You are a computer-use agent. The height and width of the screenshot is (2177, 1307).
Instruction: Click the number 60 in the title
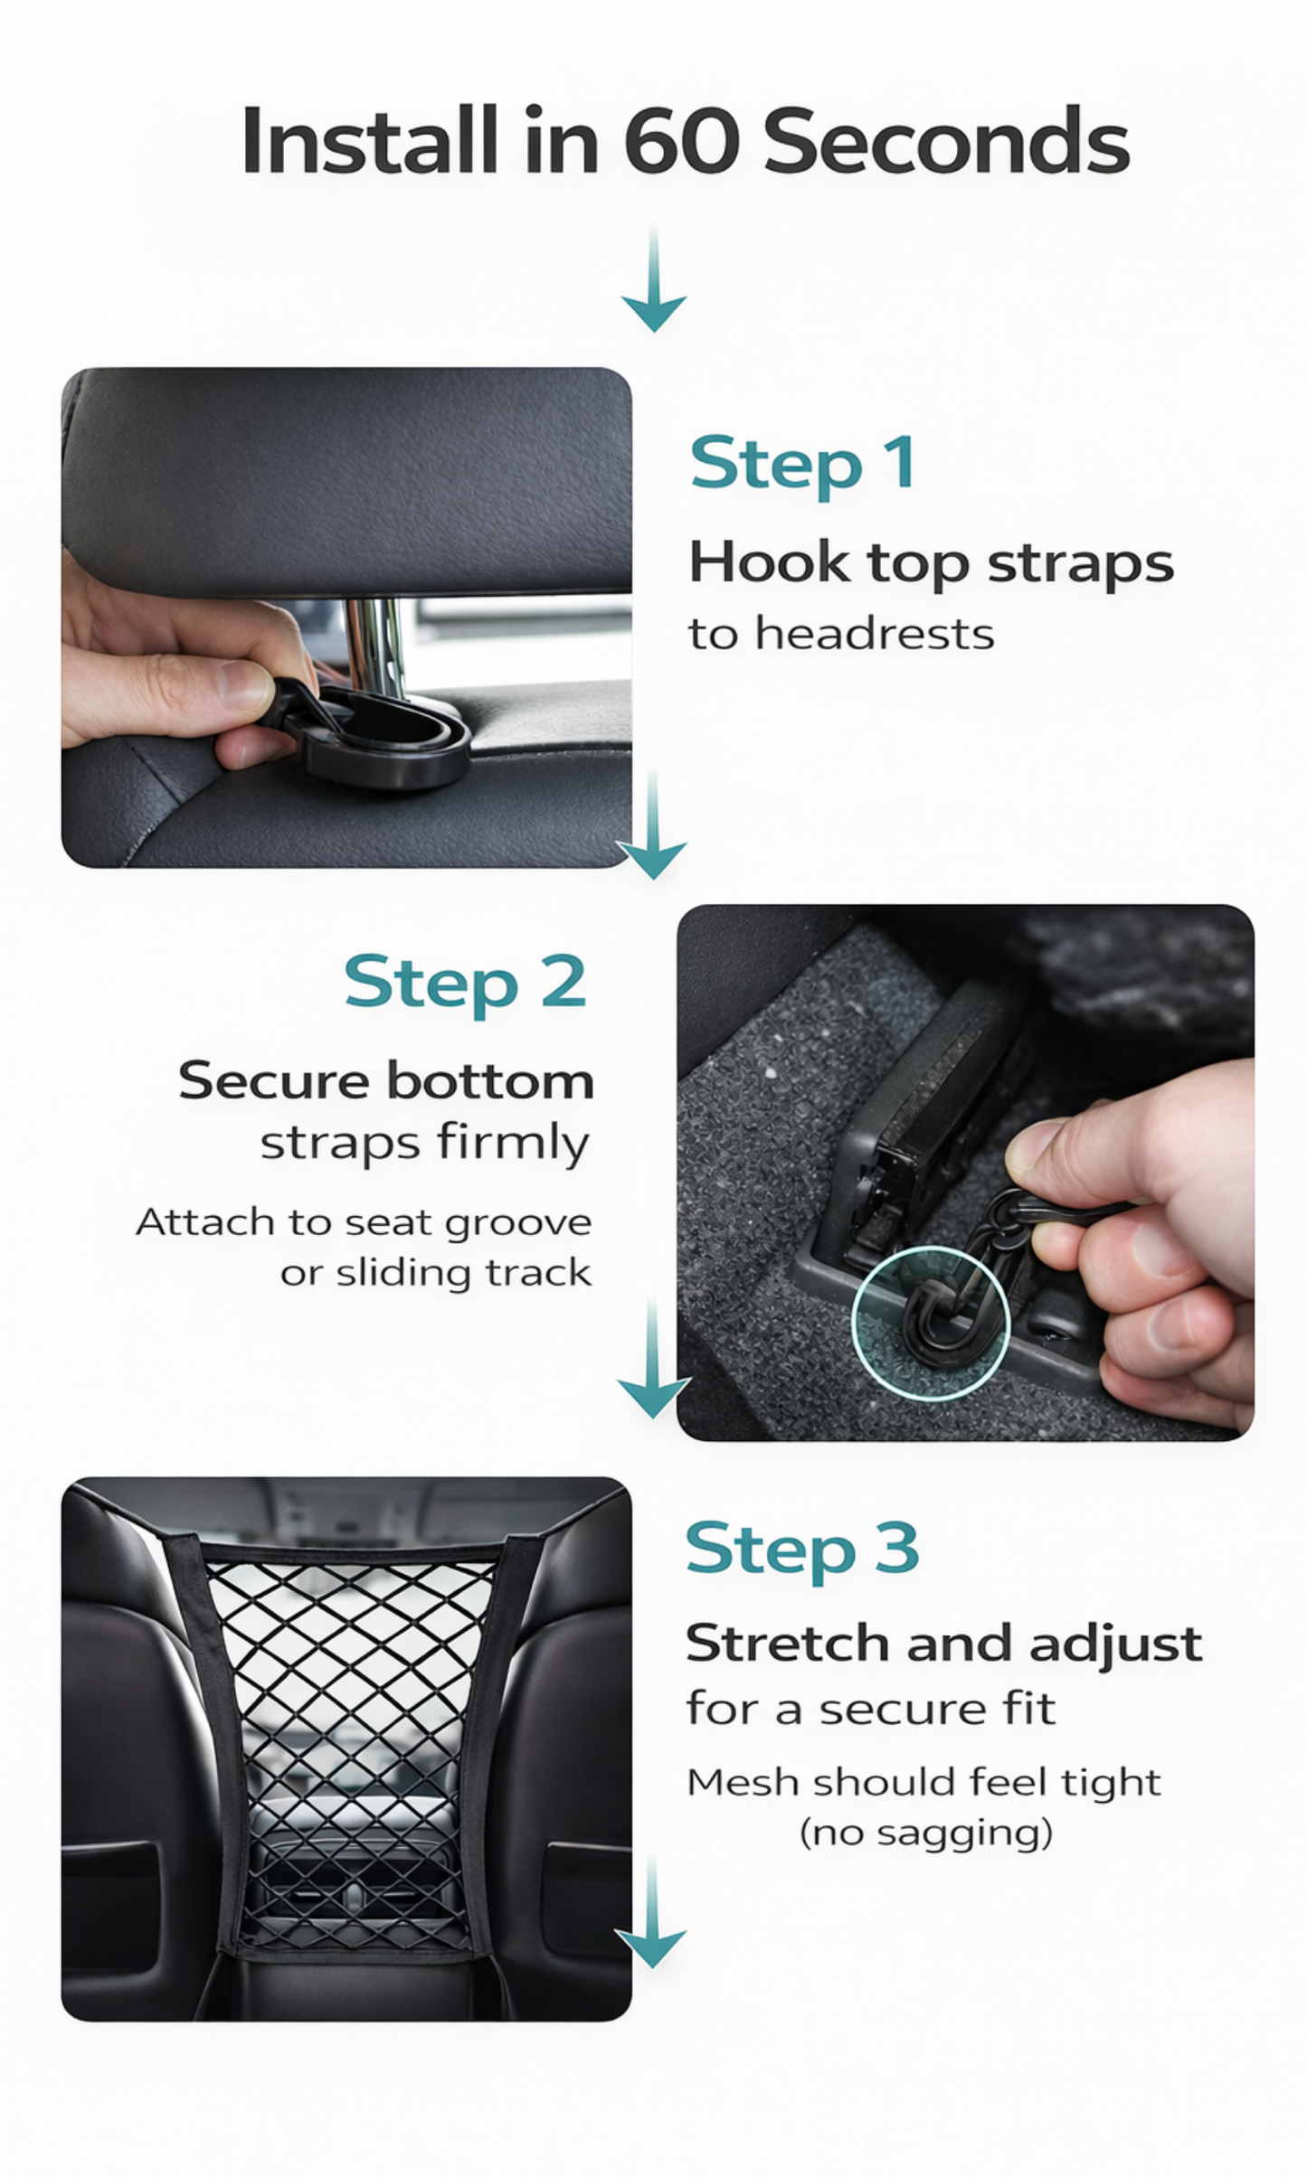tap(680, 142)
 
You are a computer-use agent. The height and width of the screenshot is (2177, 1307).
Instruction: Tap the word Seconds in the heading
tap(946, 142)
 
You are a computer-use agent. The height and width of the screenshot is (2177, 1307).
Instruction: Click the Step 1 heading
tap(801, 464)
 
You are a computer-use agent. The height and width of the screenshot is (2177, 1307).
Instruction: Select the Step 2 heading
tap(465, 983)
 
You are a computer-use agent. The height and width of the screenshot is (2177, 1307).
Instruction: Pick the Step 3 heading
tap(801, 1549)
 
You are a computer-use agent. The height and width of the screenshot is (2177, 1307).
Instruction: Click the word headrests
tap(874, 634)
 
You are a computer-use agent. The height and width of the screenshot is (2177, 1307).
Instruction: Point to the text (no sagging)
tap(925, 1833)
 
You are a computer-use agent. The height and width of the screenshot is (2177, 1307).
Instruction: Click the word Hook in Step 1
tap(769, 562)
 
